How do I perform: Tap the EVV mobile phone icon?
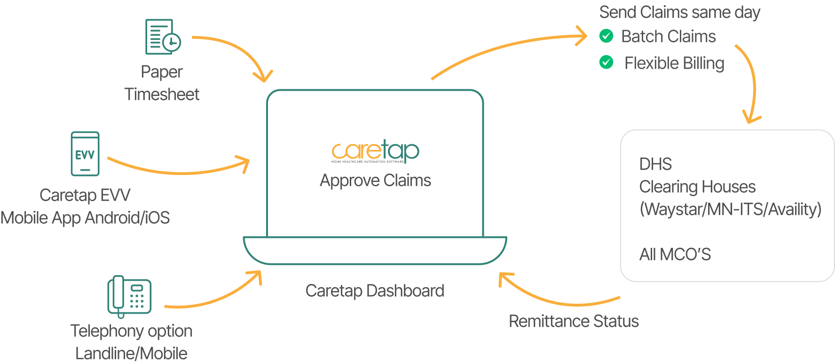(x=85, y=154)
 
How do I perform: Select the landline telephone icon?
(x=129, y=296)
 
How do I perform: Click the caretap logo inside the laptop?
(x=375, y=151)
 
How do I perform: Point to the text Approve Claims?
(x=375, y=181)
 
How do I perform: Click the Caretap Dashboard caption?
(x=375, y=291)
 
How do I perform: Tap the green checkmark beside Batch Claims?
(x=607, y=36)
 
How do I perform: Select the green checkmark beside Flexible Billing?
(x=607, y=63)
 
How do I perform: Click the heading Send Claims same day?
(x=679, y=12)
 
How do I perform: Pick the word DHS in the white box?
(x=655, y=164)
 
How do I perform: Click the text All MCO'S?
(x=675, y=254)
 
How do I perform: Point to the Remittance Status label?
(x=574, y=321)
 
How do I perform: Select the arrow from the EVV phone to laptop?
(x=179, y=171)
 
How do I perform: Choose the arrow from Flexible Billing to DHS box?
(x=753, y=85)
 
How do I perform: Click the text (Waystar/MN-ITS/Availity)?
(x=730, y=209)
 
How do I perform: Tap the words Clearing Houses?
(x=697, y=187)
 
